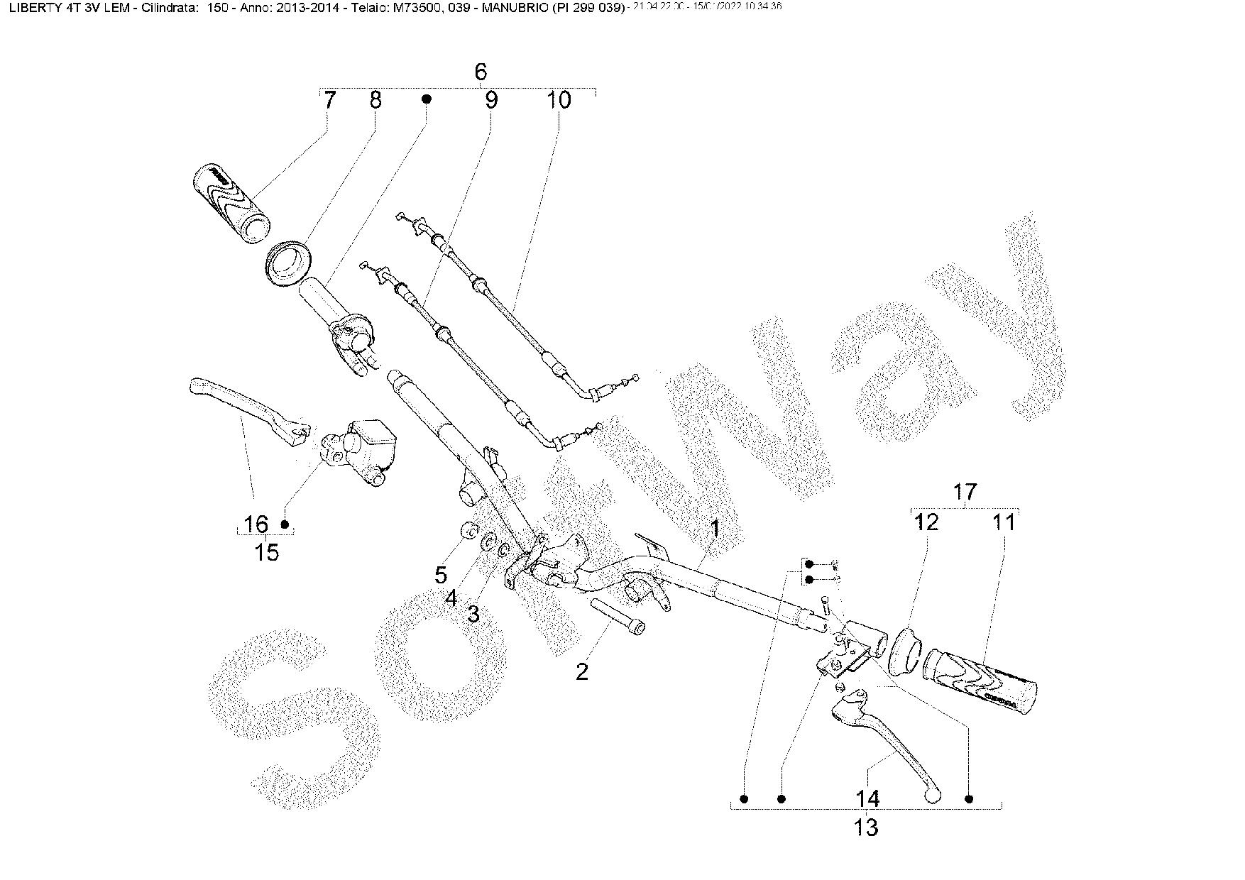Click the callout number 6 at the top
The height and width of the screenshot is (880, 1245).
(481, 72)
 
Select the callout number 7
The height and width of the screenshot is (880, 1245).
(329, 101)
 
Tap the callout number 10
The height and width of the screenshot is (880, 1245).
(559, 101)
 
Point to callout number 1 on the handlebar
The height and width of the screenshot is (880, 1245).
(715, 529)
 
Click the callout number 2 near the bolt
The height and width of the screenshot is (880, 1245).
(582, 671)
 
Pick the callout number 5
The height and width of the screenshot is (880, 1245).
(441, 574)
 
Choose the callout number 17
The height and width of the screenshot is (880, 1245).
(965, 492)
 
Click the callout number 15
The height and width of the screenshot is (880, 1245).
(267, 552)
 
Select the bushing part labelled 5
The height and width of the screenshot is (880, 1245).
(468, 530)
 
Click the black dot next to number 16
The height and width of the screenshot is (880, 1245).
(285, 524)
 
